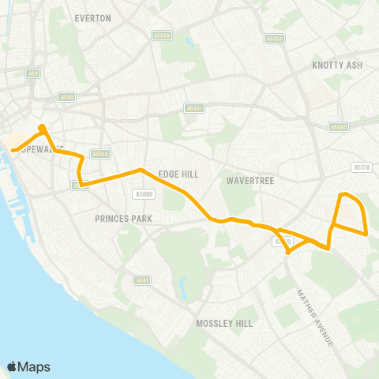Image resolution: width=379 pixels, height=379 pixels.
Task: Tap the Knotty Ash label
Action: (336, 65)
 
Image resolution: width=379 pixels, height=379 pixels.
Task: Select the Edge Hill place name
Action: (178, 174)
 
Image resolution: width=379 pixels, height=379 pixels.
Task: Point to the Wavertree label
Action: (250, 181)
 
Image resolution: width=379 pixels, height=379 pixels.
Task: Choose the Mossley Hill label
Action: (223, 323)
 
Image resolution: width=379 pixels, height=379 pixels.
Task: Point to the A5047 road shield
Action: (192, 107)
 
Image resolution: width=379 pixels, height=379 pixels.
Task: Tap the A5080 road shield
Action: (339, 126)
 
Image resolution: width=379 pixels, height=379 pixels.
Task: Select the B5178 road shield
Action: (362, 167)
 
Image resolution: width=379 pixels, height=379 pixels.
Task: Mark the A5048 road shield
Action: (99, 154)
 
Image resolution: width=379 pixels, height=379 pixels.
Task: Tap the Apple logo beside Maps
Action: (13, 366)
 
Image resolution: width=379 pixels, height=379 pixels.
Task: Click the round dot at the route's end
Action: (42, 126)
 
